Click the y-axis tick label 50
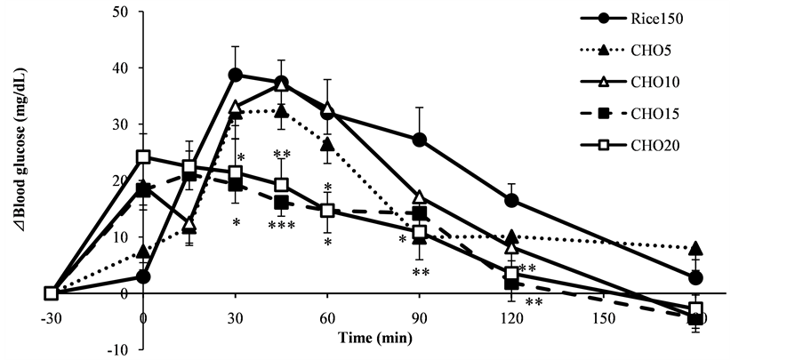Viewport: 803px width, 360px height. [x=118, y=12]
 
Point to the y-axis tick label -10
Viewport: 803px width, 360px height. [x=116, y=348]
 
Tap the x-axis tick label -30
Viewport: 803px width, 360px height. [x=51, y=316]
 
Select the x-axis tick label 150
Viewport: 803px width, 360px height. [x=603, y=316]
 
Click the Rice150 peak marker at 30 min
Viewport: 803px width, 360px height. [x=236, y=75]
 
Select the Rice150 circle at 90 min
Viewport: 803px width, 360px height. [x=420, y=140]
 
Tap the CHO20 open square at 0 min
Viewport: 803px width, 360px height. [x=143, y=157]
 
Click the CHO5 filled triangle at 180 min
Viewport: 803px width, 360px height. [x=695, y=247]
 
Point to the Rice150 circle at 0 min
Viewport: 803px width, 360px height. [x=143, y=276]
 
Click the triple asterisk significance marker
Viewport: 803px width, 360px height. [x=281, y=227]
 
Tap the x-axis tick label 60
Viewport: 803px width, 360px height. [x=327, y=316]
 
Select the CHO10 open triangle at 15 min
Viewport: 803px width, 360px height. [x=189, y=222]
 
